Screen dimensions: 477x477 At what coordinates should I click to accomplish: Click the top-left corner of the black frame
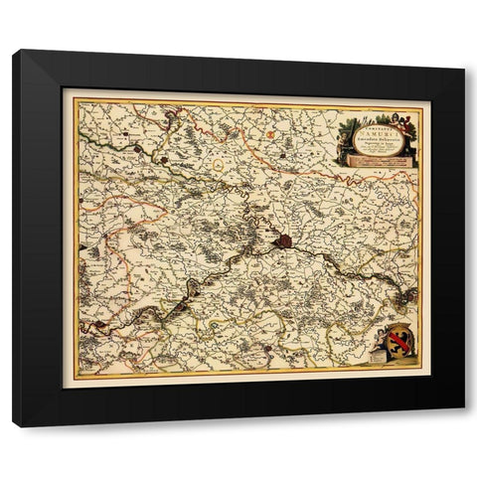[x=14, y=51]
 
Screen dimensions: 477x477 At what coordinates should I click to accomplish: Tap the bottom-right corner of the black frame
[x=463, y=425]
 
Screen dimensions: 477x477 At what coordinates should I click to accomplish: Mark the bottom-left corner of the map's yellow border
[x=77, y=375]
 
